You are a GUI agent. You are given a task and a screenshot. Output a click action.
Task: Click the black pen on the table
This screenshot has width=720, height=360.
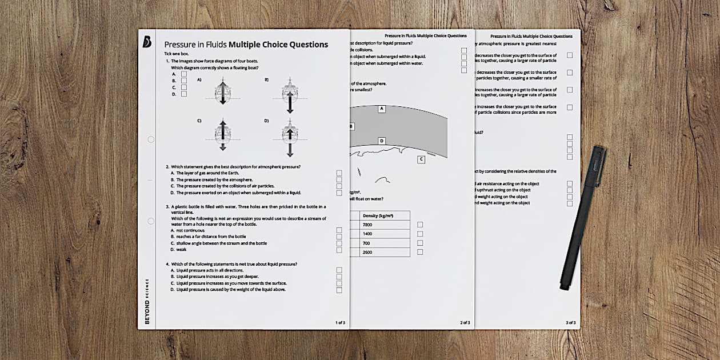(583, 218)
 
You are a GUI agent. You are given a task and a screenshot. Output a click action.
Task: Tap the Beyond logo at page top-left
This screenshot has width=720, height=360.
(147, 42)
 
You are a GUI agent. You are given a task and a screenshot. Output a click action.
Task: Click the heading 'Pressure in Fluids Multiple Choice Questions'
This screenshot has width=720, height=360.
(246, 45)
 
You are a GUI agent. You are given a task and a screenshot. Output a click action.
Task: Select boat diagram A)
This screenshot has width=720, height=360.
(223, 91)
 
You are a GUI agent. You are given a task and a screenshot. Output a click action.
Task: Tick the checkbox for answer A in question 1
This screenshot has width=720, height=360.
(184, 74)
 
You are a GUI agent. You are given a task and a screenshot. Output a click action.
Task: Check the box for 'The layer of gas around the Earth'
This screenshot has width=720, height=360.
(339, 173)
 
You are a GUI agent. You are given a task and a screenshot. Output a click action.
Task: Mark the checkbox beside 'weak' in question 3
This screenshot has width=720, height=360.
(339, 250)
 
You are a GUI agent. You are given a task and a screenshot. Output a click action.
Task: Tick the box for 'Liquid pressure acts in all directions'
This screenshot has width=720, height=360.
(339, 270)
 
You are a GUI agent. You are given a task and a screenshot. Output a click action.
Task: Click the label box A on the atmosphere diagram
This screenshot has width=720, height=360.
(382, 109)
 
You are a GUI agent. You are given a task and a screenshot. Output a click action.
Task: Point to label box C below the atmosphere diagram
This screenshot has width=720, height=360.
(421, 159)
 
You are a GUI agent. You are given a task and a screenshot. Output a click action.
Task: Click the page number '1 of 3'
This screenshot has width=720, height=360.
(340, 323)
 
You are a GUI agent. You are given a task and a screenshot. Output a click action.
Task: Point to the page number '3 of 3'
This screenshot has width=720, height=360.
(571, 323)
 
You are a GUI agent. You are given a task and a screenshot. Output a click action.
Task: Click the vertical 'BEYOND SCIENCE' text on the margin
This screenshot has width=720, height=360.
(147, 301)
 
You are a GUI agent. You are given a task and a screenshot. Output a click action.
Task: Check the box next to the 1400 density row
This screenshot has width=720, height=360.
(420, 234)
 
